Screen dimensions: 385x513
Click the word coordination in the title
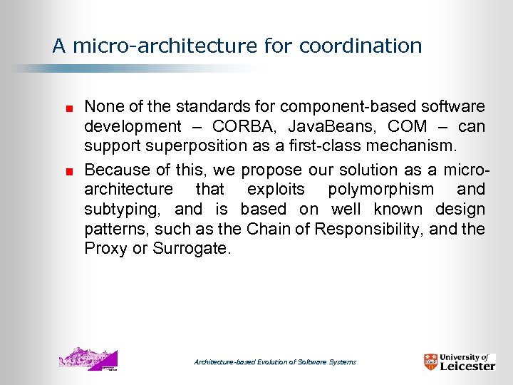coord(361,46)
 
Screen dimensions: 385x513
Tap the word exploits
coord(276,190)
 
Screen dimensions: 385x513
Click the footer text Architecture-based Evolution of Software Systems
coord(275,362)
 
